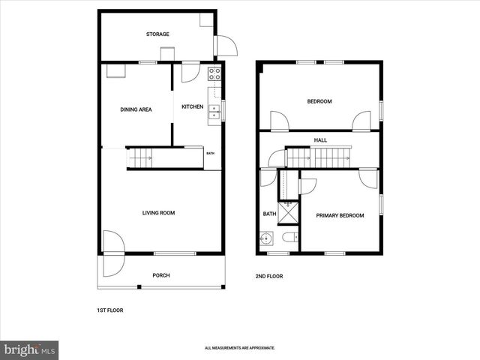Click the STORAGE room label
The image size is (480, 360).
click(157, 34)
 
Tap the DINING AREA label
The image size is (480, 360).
click(136, 109)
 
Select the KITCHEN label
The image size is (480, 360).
click(193, 106)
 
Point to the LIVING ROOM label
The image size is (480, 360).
click(158, 213)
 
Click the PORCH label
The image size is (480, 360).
click(161, 275)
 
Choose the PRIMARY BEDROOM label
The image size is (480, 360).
click(340, 216)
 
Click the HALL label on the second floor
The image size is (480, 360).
click(320, 140)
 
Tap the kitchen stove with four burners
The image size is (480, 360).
click(214, 73)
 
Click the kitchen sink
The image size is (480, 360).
click(214, 112)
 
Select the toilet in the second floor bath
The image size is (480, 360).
click(290, 238)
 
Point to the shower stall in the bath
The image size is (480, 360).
click(288, 211)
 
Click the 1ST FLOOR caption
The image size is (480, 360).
click(110, 310)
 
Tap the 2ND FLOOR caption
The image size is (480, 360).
click(269, 276)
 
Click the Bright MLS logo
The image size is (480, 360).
click(29, 349)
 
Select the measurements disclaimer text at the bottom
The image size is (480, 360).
click(240, 348)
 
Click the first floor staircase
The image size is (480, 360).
click(140, 157)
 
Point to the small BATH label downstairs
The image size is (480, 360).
click(211, 154)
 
